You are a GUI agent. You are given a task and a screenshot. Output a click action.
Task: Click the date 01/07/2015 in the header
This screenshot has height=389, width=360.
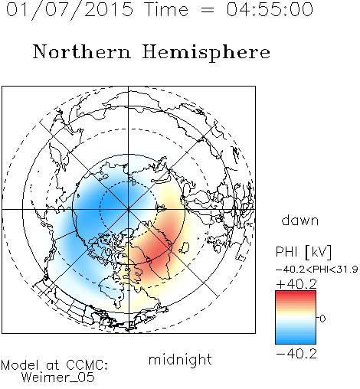pyautogui.click(x=69, y=10)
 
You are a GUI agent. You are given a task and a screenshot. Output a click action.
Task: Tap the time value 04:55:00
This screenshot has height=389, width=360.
pyautogui.click(x=270, y=9)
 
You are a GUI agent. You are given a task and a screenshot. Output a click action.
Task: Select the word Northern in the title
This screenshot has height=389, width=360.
pyautogui.click(x=82, y=51)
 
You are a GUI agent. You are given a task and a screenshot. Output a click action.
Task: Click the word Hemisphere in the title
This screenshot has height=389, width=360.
pyautogui.click(x=206, y=52)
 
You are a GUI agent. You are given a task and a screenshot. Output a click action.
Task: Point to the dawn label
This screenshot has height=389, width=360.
pyautogui.click(x=300, y=220)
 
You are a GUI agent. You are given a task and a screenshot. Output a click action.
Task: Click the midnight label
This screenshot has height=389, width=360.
pyautogui.click(x=180, y=360)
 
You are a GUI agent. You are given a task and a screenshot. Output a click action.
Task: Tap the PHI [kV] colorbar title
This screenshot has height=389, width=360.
pyautogui.click(x=303, y=252)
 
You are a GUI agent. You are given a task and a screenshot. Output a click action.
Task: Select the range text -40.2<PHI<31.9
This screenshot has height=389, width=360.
pyautogui.click(x=316, y=270)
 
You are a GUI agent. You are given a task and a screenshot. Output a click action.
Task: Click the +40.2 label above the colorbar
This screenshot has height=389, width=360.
pyautogui.click(x=296, y=284)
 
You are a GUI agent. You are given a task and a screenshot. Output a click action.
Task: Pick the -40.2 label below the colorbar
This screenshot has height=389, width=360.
pyautogui.click(x=296, y=354)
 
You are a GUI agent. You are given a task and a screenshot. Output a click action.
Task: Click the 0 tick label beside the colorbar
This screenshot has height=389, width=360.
pyautogui.click(x=322, y=319)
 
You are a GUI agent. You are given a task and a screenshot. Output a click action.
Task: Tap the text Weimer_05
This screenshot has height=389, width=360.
pyautogui.click(x=57, y=378)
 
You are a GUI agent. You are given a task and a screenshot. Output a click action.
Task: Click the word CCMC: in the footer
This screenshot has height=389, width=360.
pyautogui.click(x=87, y=365)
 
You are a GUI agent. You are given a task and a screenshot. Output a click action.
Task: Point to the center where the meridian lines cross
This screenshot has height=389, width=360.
pyautogui.click(x=129, y=209)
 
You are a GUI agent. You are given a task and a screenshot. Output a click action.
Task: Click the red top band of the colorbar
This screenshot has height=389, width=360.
pyautogui.click(x=296, y=293)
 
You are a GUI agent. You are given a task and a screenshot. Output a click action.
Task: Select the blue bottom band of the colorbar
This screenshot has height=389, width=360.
pyautogui.click(x=296, y=341)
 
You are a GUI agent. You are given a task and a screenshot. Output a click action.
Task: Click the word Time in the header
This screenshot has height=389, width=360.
pyautogui.click(x=166, y=10)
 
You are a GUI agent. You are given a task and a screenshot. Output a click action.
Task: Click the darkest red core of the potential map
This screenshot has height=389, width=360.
pyautogui.click(x=156, y=249)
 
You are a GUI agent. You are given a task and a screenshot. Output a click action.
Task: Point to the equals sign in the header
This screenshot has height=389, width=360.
pyautogui.click(x=208, y=11)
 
